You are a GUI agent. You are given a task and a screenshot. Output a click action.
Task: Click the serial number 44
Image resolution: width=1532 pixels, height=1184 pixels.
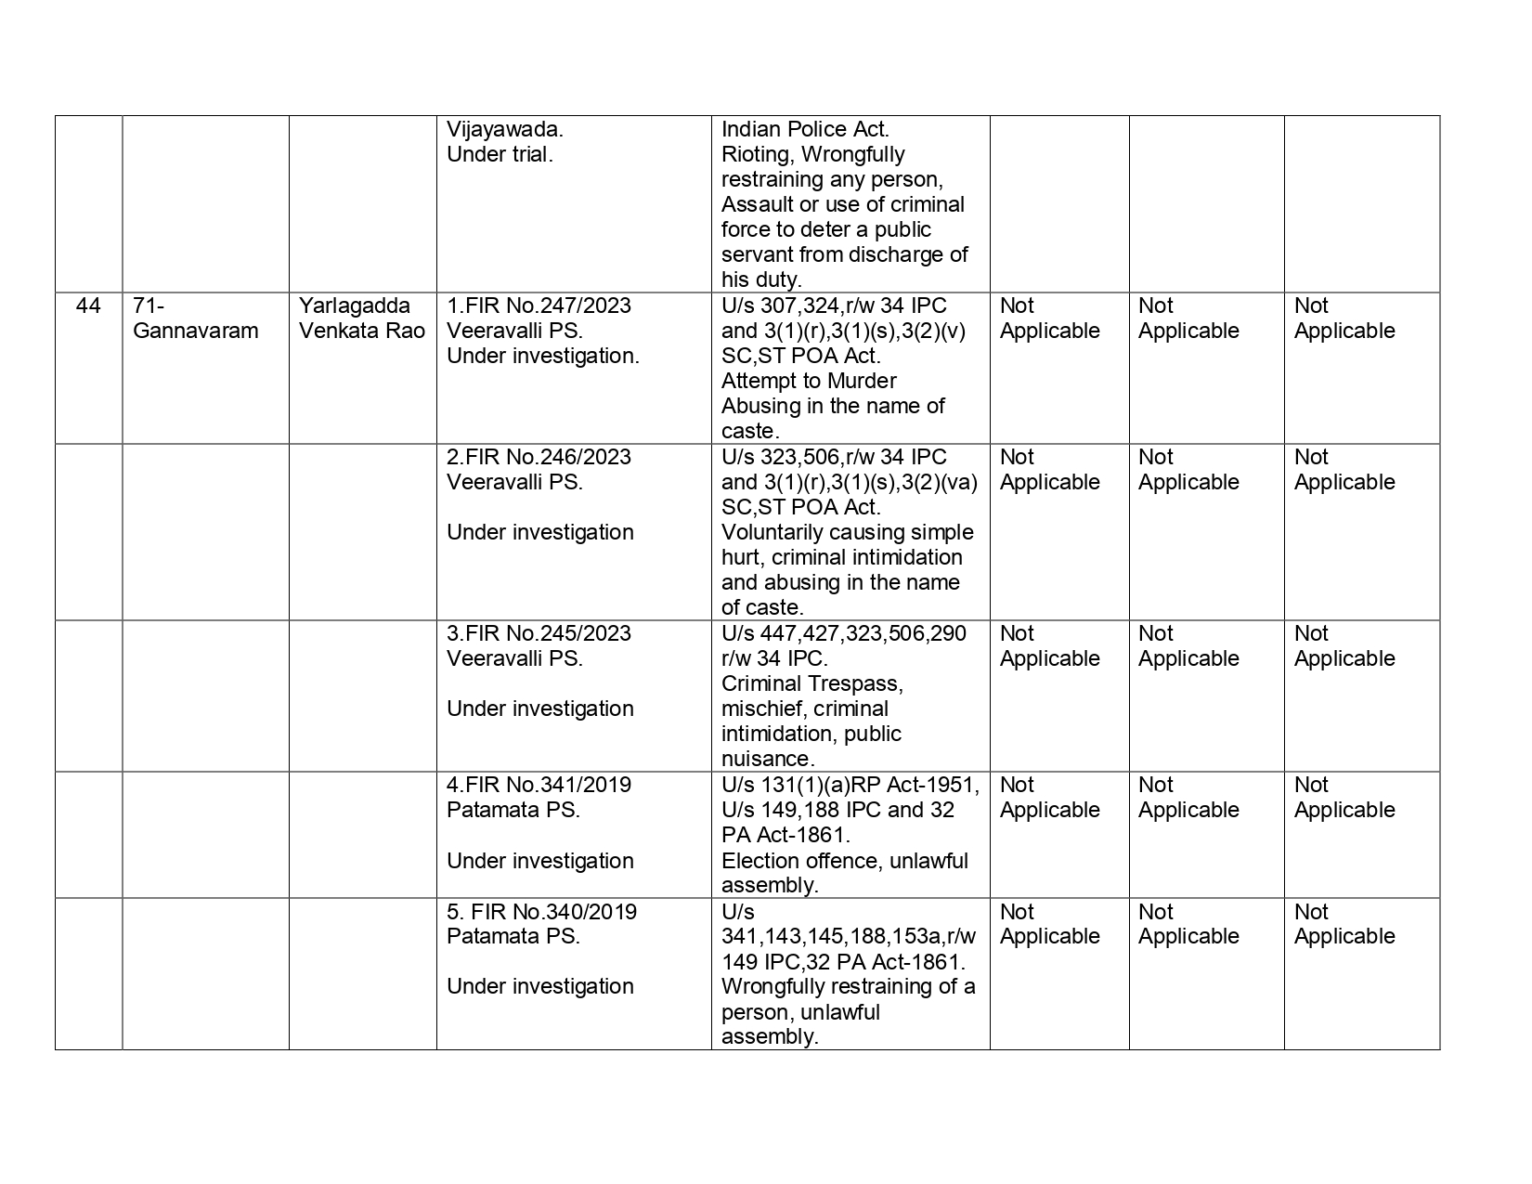click(x=88, y=306)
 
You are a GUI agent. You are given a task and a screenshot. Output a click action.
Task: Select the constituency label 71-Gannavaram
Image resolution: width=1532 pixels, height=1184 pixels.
click(x=195, y=319)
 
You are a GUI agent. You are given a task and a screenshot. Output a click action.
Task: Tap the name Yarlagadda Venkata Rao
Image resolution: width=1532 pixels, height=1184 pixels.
click(x=361, y=319)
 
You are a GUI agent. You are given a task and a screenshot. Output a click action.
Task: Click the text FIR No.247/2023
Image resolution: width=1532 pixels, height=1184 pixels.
click(x=548, y=306)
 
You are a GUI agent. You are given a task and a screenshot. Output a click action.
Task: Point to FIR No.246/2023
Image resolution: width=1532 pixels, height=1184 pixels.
click(x=548, y=457)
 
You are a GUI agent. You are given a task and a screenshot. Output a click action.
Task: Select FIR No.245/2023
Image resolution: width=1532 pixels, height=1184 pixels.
click(x=548, y=633)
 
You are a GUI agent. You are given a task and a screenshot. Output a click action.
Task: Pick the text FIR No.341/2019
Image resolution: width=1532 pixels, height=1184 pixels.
click(x=548, y=785)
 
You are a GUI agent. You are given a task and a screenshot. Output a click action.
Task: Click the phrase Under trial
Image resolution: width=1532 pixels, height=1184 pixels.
click(x=500, y=154)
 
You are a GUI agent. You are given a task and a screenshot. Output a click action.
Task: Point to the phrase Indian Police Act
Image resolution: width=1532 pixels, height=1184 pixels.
click(x=805, y=129)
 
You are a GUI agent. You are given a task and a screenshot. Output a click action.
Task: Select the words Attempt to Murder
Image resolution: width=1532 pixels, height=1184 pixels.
click(x=809, y=381)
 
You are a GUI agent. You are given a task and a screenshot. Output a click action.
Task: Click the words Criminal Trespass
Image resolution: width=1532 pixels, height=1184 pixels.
click(x=811, y=683)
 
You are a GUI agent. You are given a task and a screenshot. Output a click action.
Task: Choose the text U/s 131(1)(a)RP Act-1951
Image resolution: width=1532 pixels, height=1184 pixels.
click(x=850, y=785)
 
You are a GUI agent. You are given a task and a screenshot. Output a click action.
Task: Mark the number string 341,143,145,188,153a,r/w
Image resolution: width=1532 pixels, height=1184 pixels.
click(x=849, y=936)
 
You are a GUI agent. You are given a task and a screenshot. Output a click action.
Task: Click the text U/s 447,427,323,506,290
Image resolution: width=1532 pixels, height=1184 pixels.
click(x=843, y=633)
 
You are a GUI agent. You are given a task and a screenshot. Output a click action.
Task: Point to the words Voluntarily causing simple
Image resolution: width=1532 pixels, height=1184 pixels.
click(x=847, y=532)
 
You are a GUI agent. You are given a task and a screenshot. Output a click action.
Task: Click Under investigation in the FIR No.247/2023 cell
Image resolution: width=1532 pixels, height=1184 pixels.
click(x=542, y=356)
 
